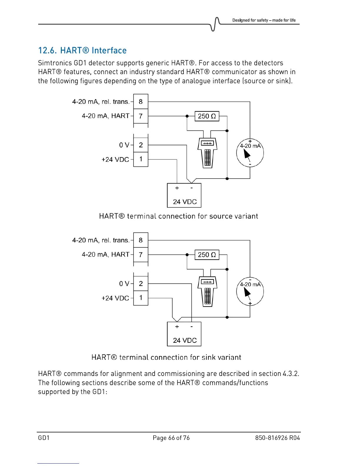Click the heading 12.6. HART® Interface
[x=82, y=50]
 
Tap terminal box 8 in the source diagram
[x=141, y=101]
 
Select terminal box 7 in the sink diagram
[x=141, y=254]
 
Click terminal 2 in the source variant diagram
[x=141, y=145]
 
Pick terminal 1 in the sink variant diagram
[x=141, y=298]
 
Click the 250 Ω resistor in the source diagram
[x=207, y=116]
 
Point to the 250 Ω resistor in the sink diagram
[x=207, y=255]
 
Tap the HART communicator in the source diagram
[x=207, y=152]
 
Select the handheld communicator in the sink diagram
[x=207, y=291]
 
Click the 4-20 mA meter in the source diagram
[x=250, y=153]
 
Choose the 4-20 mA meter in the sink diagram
[x=250, y=292]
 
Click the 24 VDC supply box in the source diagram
[x=184, y=195]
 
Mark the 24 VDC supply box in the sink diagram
[x=184, y=334]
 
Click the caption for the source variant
[x=179, y=216]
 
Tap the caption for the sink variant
[x=166, y=357]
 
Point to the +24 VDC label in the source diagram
[x=115, y=159]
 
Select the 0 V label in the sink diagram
[x=124, y=284]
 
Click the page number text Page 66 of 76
[x=171, y=438]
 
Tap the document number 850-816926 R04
[x=277, y=438]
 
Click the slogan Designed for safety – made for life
[x=264, y=20]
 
